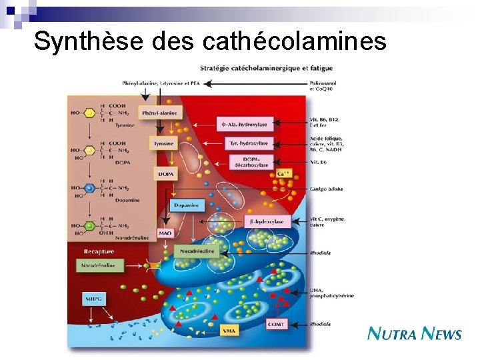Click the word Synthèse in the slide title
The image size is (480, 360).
tap(88, 41)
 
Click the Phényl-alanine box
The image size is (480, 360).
tap(159, 113)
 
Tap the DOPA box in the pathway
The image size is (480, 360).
tap(165, 174)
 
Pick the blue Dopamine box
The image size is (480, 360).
tap(186, 205)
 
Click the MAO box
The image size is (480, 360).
tap(165, 233)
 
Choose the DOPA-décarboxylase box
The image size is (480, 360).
tap(251, 161)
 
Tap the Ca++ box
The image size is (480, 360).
tap(283, 174)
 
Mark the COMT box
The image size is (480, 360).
tap(277, 323)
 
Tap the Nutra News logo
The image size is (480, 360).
tap(414, 333)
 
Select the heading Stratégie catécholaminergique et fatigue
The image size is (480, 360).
tap(266, 69)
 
